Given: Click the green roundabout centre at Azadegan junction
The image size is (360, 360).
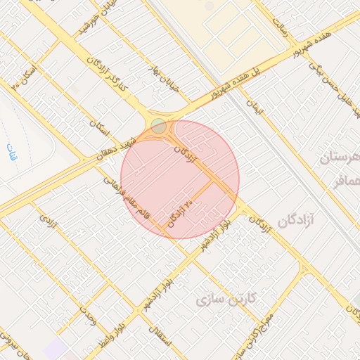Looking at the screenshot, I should pos(158,127).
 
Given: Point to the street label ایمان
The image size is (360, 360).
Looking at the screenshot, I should pos(253,106).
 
